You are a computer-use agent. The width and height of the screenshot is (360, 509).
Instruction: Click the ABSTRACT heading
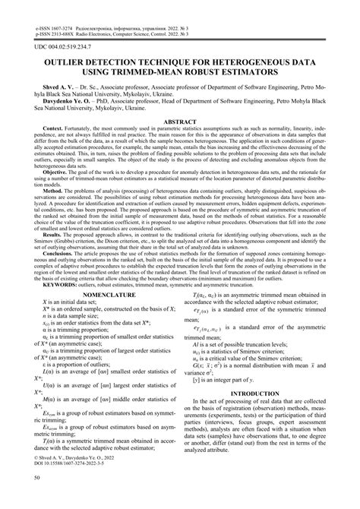tap(180, 122)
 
